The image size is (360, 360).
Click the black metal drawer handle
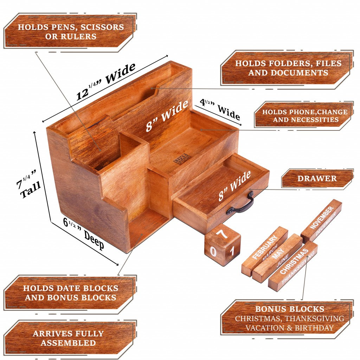click(x=240, y=204)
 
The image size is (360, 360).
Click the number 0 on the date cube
click(x=213, y=252)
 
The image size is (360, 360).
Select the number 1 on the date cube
click(x=232, y=251)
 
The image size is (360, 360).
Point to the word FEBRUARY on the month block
click(x=264, y=248)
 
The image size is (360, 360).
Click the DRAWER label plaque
click(x=317, y=178)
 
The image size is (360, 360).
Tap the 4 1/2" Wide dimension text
click(x=220, y=109)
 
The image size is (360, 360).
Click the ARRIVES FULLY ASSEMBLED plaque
click(x=68, y=338)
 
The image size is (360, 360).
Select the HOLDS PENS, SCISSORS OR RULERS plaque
click(x=70, y=32)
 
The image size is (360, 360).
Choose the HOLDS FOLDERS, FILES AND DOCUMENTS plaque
click(x=288, y=68)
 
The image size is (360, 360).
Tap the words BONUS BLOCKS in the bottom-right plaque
click(x=290, y=309)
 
